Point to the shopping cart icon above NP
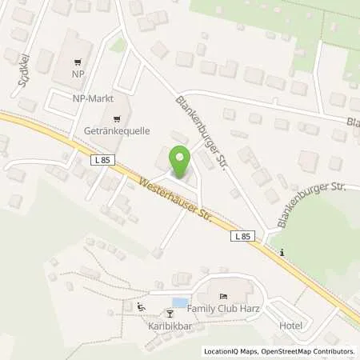point(78,60)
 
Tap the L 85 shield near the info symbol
point(244,236)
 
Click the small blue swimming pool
point(181,302)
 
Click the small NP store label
point(78,72)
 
